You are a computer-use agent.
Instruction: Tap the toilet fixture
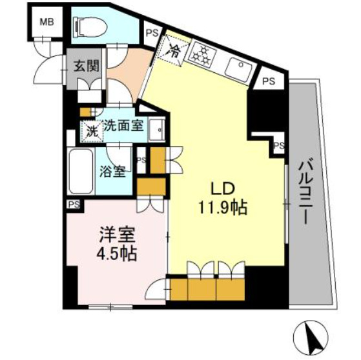pos(88,26)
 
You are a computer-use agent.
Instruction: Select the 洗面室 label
pos(124,126)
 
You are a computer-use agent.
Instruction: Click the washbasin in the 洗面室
pos(156,131)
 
